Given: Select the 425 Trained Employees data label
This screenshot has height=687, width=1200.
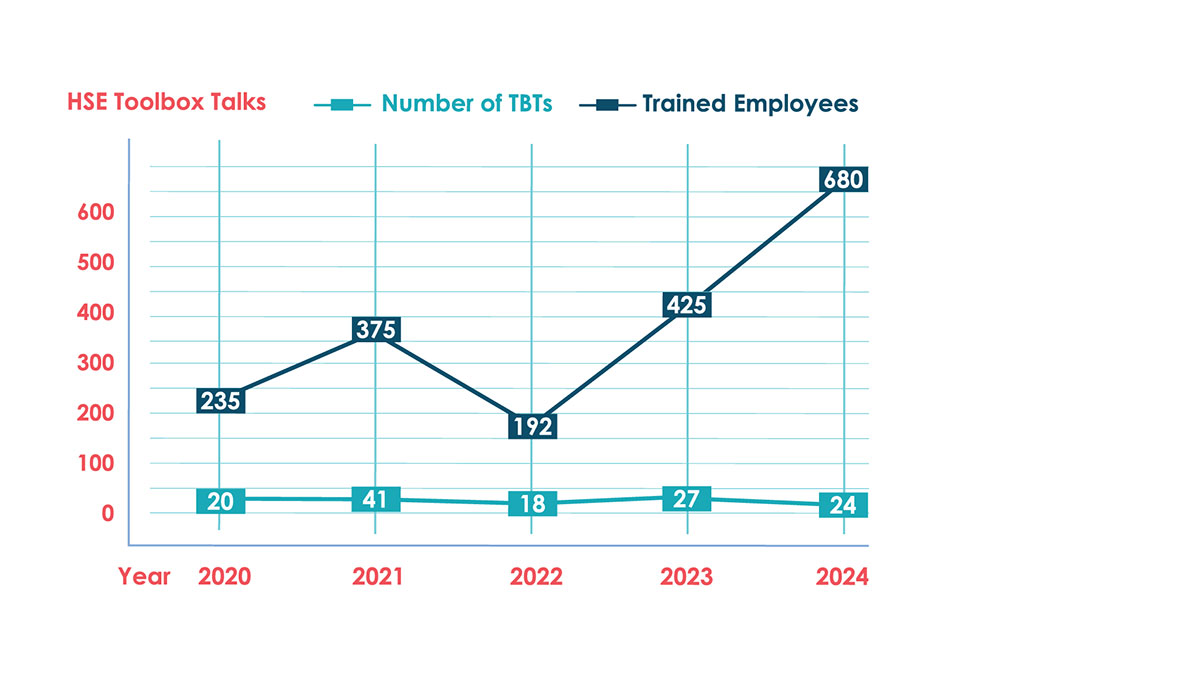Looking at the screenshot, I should [x=687, y=304].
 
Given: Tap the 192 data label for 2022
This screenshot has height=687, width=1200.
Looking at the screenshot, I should [x=531, y=424].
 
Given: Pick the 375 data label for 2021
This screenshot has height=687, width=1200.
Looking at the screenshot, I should [x=375, y=329].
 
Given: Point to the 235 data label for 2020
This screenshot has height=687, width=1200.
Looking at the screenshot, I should [x=220, y=401].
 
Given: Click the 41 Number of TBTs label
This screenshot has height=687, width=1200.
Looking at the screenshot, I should [x=375, y=500].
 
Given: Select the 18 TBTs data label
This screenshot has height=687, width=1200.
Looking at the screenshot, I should [x=531, y=503].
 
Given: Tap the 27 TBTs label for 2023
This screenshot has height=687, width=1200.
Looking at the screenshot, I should [x=687, y=500].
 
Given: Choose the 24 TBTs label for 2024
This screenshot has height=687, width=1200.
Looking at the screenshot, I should [x=843, y=505].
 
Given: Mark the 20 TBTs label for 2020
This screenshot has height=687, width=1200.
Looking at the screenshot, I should [x=220, y=501].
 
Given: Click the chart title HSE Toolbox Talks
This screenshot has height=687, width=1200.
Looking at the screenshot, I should [x=166, y=102].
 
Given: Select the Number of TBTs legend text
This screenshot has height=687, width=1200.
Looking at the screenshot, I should [x=466, y=103].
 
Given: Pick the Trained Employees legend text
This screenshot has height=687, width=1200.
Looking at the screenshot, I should [x=750, y=103].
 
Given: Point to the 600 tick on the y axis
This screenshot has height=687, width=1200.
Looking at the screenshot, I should [x=93, y=214].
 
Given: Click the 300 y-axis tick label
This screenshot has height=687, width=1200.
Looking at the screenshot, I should [x=93, y=364].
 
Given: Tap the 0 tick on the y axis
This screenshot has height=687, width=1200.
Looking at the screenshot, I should [x=106, y=513].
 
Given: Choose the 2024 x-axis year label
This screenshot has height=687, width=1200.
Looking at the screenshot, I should [x=841, y=577].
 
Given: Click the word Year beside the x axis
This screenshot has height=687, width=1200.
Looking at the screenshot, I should [x=145, y=577].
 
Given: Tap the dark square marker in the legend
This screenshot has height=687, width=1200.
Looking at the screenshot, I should [x=607, y=103].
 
